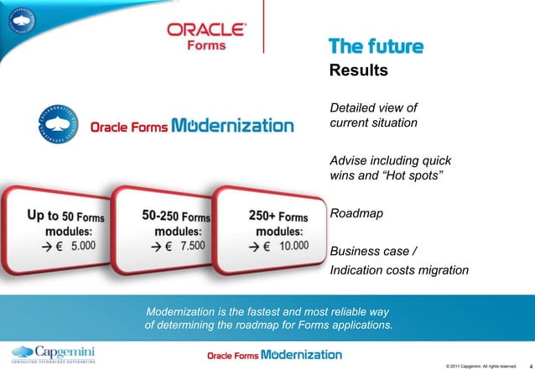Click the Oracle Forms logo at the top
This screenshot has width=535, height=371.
[x=206, y=36]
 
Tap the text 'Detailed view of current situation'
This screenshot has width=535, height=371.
[x=373, y=116]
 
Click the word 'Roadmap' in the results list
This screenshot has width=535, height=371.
[x=356, y=214]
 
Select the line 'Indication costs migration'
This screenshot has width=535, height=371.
[x=399, y=269]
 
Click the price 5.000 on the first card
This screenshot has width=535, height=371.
[x=84, y=248]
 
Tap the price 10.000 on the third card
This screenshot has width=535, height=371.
[x=293, y=246]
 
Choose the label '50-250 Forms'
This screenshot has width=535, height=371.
[x=175, y=216]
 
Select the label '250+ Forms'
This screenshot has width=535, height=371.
[x=280, y=215]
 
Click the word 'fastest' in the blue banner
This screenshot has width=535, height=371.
[x=260, y=311]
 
